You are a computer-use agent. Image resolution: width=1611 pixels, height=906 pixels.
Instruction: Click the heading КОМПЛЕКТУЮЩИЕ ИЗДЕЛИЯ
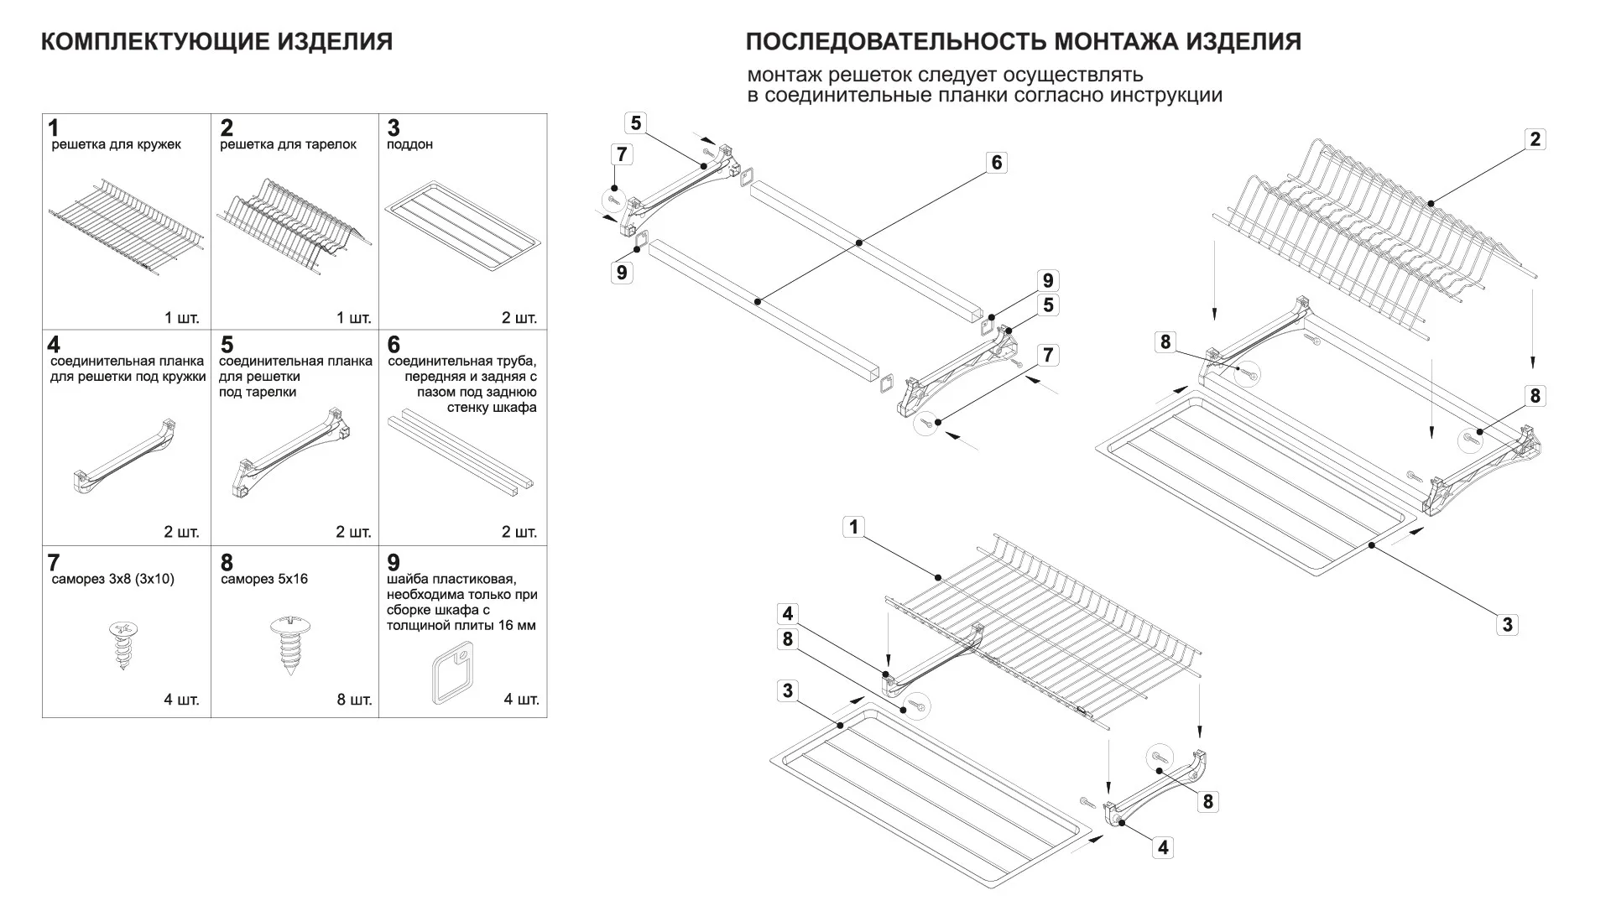point(216,42)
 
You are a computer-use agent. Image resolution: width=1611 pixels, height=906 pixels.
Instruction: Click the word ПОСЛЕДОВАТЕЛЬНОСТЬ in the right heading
point(895,42)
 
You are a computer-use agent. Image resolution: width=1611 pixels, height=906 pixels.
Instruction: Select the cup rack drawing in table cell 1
point(126,225)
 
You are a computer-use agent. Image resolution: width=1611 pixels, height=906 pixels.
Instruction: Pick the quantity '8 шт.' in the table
point(354,700)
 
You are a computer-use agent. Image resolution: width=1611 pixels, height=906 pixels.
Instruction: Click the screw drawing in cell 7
point(123,644)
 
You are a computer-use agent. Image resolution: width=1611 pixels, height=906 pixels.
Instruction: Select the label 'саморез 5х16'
point(264,579)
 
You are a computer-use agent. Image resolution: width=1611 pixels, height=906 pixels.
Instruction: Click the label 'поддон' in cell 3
point(409,144)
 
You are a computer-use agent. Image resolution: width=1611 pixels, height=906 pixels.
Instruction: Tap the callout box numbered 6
point(996,162)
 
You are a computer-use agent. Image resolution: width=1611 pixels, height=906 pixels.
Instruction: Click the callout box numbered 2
point(1535,139)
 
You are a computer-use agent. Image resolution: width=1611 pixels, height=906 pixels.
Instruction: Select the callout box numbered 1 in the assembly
point(853,527)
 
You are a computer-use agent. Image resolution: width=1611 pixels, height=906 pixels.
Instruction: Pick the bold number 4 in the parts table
point(54,345)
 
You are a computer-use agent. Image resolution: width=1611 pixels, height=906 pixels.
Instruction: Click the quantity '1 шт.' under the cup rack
point(181,318)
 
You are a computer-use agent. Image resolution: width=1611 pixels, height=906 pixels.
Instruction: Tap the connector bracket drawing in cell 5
point(289,453)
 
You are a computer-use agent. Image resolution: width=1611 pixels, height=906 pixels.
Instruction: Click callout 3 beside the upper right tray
point(1507,624)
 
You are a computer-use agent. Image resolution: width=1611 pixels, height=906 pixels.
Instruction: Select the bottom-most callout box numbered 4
point(1162,847)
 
